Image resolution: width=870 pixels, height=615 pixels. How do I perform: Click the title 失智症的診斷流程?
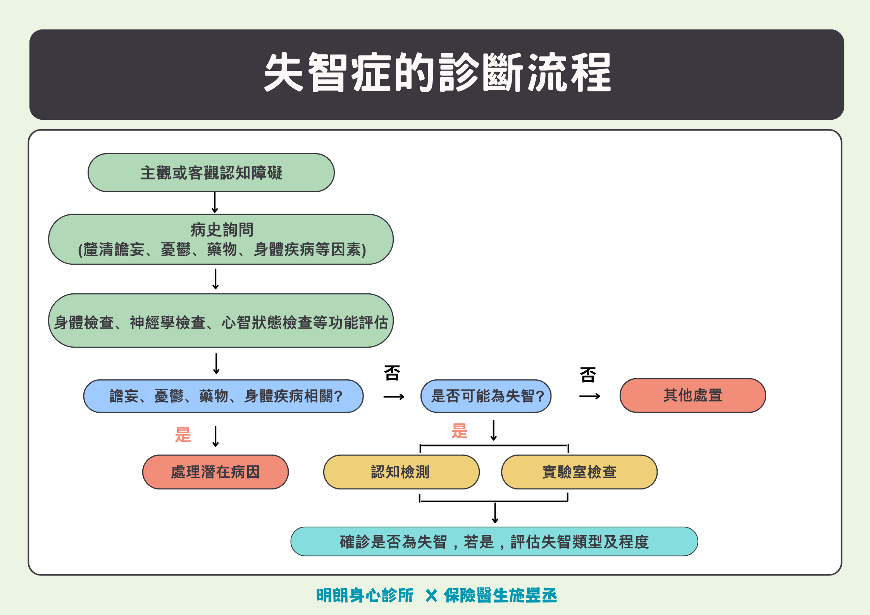(x=437, y=73)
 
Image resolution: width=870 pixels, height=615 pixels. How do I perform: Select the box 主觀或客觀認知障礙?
(x=211, y=173)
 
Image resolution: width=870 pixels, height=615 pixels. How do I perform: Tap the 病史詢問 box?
(x=221, y=239)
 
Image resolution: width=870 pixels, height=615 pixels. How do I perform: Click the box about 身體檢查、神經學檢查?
(x=221, y=321)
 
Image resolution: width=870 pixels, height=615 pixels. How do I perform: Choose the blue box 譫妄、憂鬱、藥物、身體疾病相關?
(x=224, y=396)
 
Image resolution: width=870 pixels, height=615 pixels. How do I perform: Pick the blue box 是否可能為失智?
(x=486, y=396)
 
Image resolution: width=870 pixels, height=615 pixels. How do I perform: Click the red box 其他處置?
(x=693, y=395)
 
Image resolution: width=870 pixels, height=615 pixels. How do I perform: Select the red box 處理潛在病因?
(x=215, y=472)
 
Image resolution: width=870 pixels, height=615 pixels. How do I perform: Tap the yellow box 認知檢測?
(x=401, y=472)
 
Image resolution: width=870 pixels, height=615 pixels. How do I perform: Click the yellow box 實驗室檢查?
(x=579, y=472)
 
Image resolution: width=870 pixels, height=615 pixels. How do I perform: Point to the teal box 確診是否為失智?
(x=494, y=541)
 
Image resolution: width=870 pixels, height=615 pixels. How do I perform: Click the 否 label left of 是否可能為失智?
(x=392, y=373)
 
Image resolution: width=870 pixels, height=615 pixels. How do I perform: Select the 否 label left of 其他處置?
(x=587, y=375)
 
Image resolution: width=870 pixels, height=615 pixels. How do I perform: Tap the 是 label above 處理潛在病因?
(x=183, y=435)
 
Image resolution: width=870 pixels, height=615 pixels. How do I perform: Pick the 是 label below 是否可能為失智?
(x=459, y=431)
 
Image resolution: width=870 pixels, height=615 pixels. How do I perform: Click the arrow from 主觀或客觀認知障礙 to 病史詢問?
(x=215, y=202)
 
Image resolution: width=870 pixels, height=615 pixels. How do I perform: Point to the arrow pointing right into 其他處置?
(x=589, y=396)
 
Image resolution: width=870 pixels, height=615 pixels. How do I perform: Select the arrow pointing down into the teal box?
(x=495, y=513)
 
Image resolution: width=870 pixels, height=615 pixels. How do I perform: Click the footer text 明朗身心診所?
(x=365, y=596)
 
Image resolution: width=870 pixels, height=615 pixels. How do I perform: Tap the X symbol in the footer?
(x=431, y=596)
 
